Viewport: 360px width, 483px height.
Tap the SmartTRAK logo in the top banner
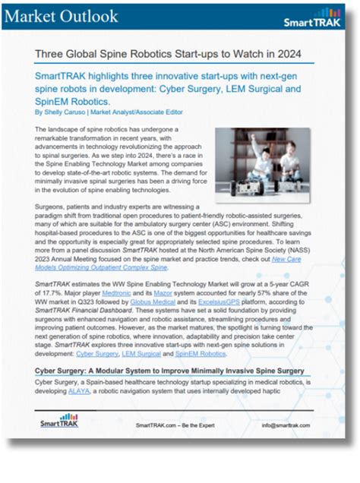312,18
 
